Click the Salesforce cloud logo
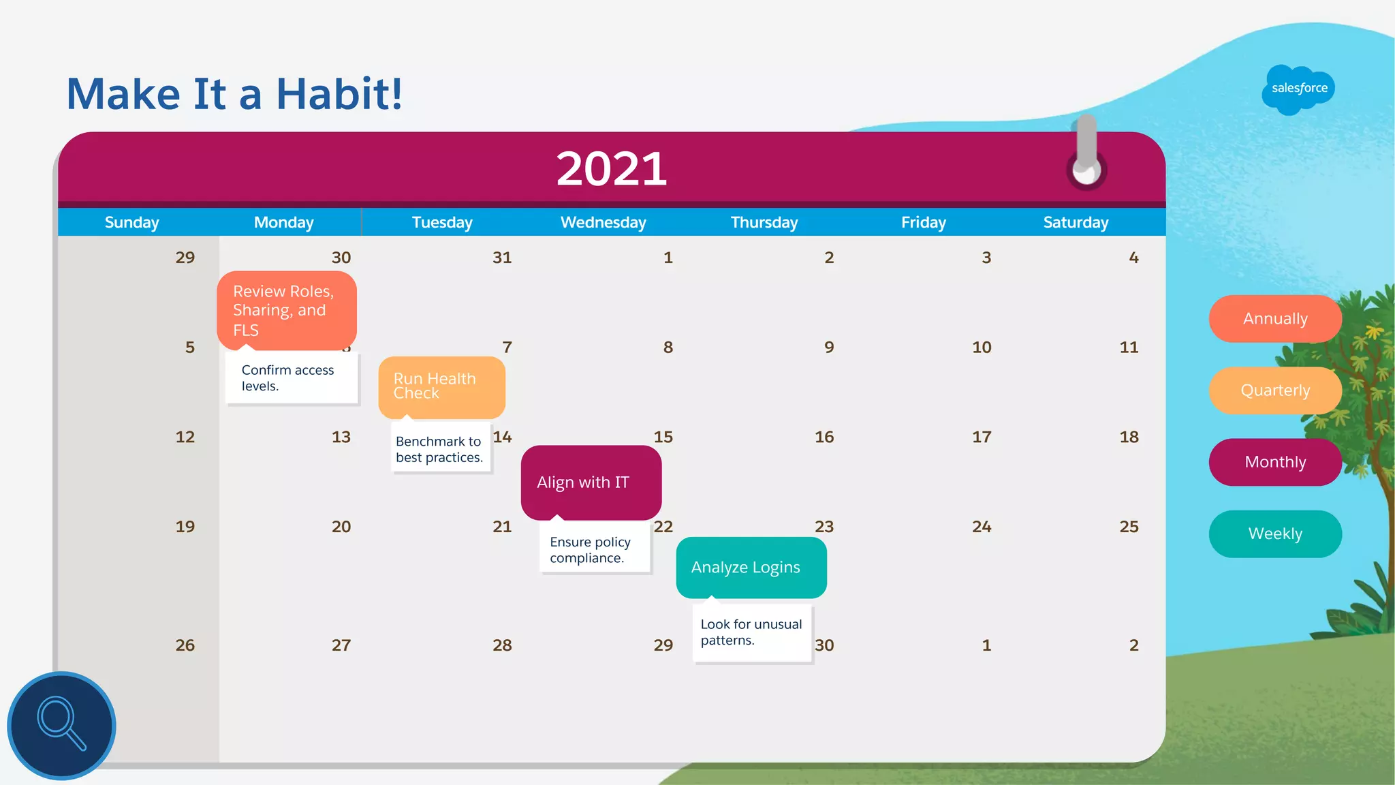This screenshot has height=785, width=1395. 1298,89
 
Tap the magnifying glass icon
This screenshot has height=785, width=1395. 61,725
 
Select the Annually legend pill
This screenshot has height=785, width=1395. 1275,319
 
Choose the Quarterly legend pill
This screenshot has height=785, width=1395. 1275,390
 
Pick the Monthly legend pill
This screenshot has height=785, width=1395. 1275,462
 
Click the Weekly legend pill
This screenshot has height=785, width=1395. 1275,534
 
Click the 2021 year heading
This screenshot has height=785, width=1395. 611,169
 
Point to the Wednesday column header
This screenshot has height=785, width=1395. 603,223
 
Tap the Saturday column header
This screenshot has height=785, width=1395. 1076,223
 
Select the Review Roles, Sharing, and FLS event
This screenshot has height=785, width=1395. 287,310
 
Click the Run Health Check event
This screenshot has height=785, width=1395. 441,386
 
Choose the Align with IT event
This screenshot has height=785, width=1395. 591,482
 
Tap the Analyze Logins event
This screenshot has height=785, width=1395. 751,568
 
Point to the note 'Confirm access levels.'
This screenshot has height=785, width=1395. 291,378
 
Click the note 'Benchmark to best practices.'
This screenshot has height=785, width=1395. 440,450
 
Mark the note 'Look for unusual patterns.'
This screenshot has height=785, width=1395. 751,632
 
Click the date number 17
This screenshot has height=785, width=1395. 982,437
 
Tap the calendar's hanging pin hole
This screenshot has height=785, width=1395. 1086,170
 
